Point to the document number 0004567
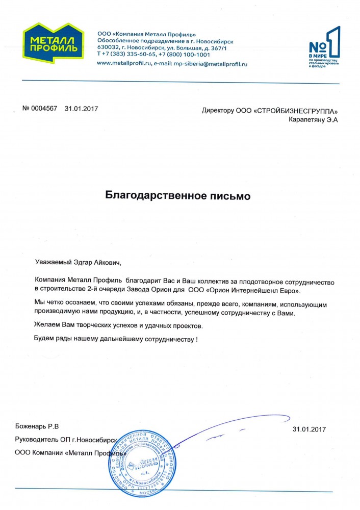tap(45, 109)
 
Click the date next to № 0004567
tap(81, 109)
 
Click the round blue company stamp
tap(142, 465)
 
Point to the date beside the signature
tap(309, 429)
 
